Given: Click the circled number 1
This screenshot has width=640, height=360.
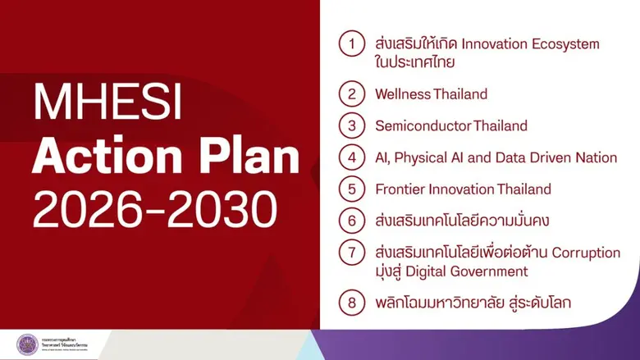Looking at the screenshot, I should point(352,44).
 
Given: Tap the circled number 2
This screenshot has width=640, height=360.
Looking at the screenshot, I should point(352,94).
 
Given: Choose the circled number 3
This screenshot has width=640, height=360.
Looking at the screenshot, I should point(352,126).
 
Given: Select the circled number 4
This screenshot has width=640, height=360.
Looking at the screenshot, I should point(352,157).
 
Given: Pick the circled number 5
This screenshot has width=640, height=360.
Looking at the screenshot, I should point(352,189).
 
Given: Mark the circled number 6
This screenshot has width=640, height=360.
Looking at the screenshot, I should point(352,221).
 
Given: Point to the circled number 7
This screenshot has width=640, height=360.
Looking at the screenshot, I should point(352,253).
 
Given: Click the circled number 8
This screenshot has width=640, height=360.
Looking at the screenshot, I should point(352,303).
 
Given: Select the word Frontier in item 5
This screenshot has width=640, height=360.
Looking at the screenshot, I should point(401,189).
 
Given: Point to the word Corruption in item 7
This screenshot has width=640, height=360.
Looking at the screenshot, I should point(585,253).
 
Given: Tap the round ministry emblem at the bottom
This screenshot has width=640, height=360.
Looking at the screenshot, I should point(27,344).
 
